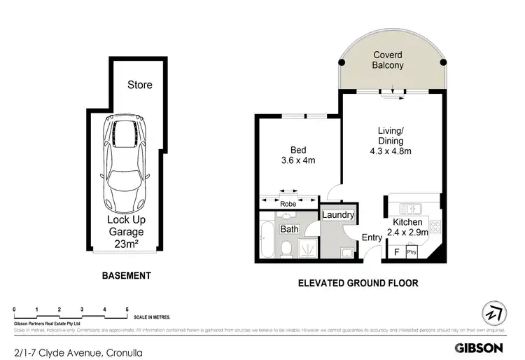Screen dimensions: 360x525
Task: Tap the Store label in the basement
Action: [x=139, y=85]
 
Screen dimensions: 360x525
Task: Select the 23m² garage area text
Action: [x=126, y=244]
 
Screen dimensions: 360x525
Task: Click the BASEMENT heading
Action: [x=126, y=275]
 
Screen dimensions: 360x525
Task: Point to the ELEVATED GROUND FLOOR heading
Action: [x=358, y=283]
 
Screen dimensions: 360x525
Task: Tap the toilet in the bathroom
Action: [x=286, y=247]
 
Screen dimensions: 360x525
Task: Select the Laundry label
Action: [x=338, y=215]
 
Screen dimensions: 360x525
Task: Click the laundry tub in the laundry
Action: [x=346, y=252]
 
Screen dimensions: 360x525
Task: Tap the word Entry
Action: [x=372, y=237]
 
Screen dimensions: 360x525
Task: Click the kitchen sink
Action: [x=409, y=207]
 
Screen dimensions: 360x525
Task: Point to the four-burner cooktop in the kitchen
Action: [x=434, y=227]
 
